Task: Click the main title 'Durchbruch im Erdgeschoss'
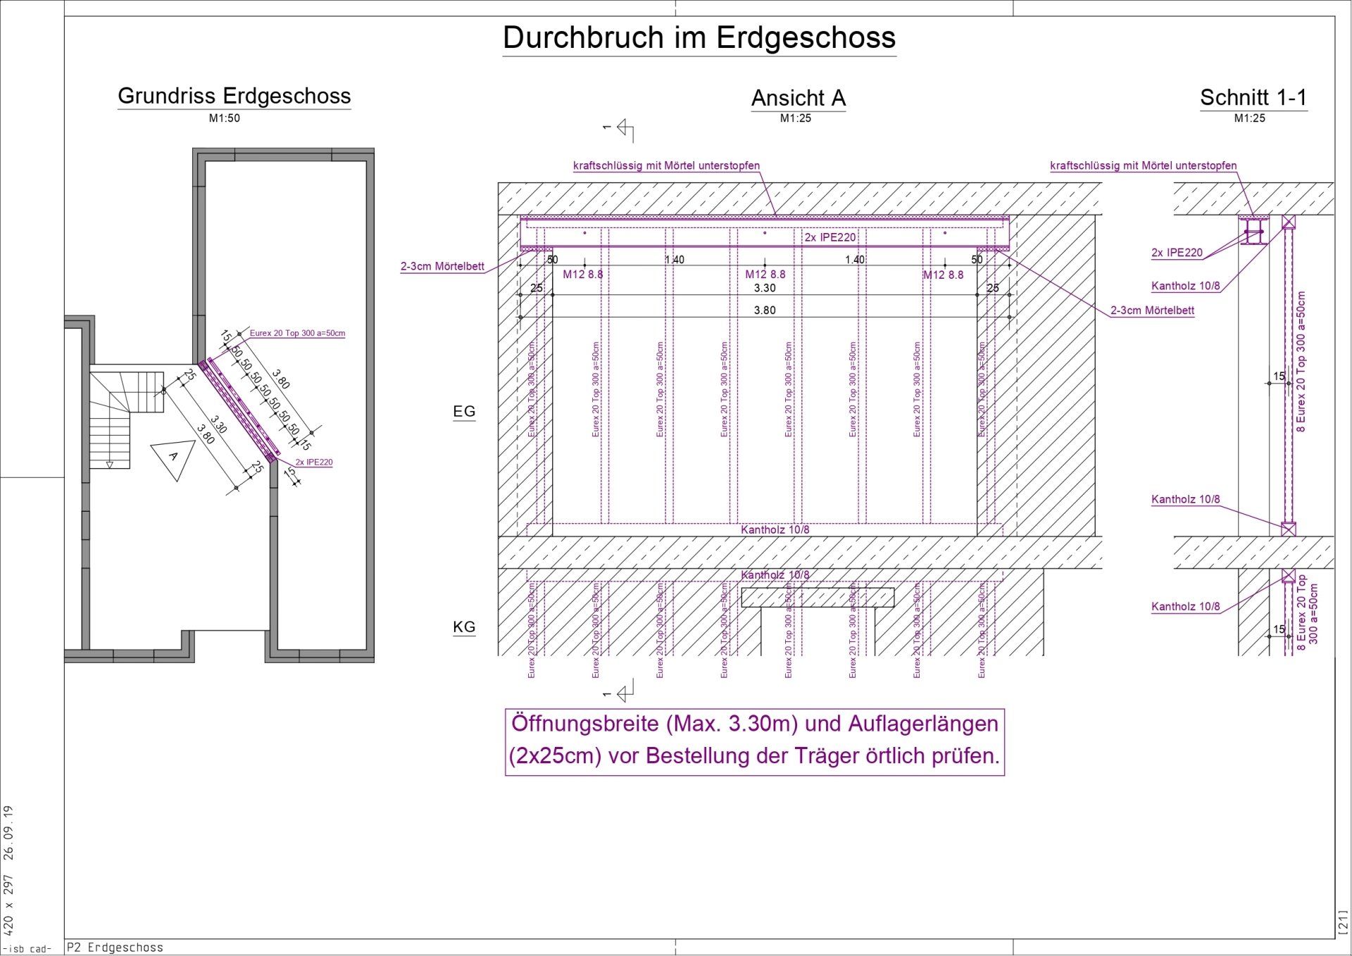pos(699,38)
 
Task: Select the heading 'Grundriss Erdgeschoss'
pos(234,96)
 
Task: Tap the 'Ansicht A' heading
pos(798,98)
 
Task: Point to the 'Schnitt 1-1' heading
pos(1253,97)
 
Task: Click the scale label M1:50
pos(224,118)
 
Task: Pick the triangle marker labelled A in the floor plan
pos(173,458)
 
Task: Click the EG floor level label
pos(464,411)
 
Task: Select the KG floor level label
pos(464,627)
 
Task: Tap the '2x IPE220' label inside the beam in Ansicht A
pos(830,237)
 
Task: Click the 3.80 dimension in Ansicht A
pos(765,310)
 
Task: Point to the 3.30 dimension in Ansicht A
pos(765,288)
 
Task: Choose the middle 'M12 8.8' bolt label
pos(765,275)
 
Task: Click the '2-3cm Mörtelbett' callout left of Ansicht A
pos(442,266)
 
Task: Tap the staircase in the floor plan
pos(120,415)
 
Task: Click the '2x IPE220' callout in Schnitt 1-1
pos(1177,253)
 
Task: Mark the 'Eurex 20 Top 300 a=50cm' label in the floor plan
pos(297,333)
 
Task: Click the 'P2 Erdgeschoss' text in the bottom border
pos(115,948)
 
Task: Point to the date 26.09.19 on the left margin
pos(8,833)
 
